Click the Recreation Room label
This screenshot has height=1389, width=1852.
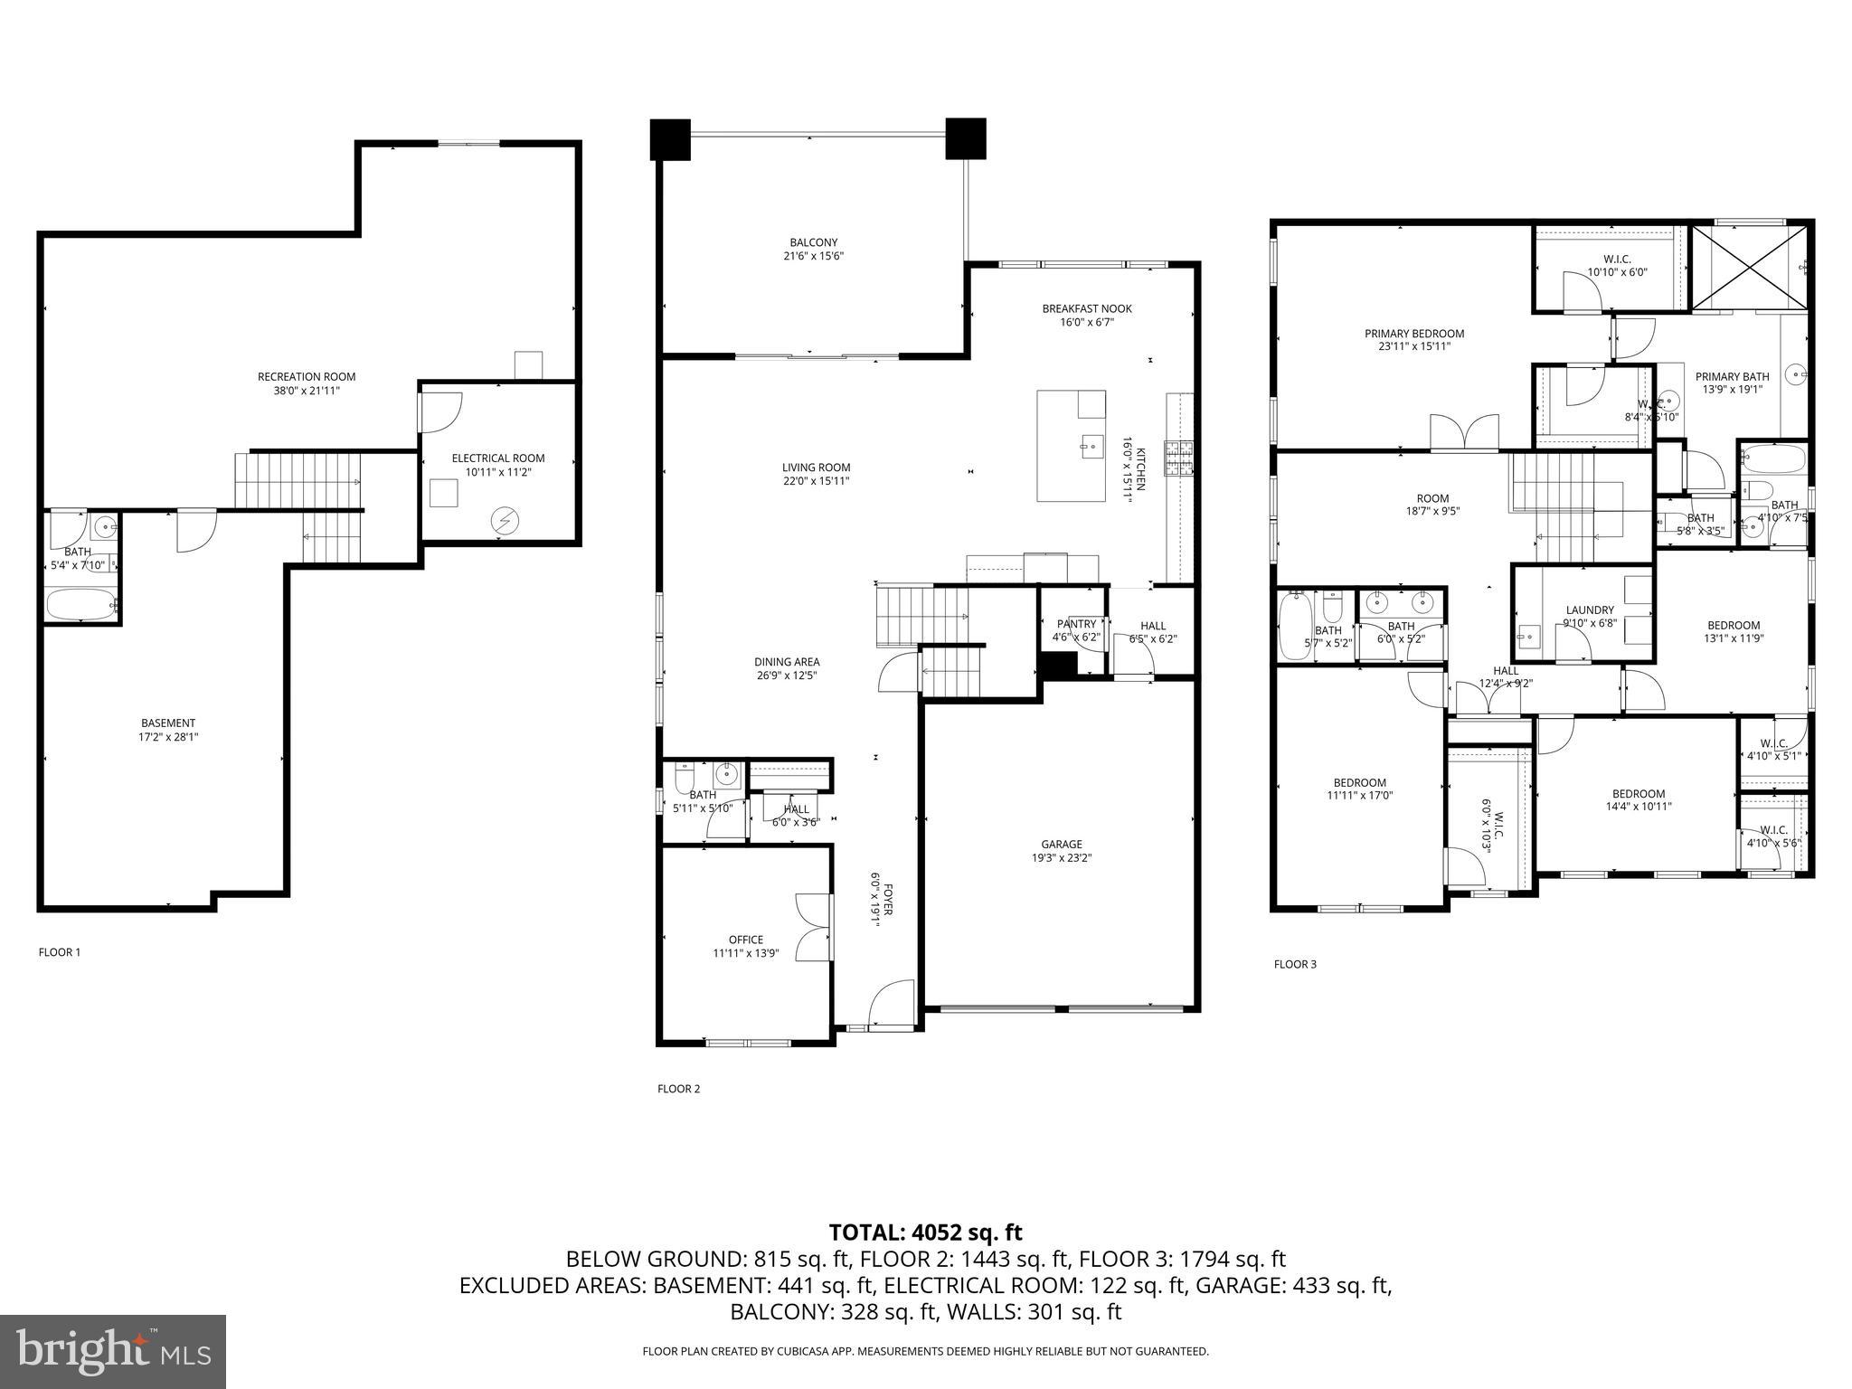[x=307, y=377]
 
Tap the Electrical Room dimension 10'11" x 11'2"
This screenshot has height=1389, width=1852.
[x=498, y=472]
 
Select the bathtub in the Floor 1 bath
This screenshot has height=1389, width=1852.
[x=80, y=604]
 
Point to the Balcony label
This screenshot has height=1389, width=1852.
[x=813, y=242]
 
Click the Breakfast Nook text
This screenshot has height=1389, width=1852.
[x=1086, y=308]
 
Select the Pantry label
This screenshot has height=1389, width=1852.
[x=1076, y=624]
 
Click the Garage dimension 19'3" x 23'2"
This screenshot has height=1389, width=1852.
[x=1061, y=858]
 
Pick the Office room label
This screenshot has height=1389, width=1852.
[x=746, y=940]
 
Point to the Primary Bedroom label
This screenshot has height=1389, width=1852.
[x=1414, y=334]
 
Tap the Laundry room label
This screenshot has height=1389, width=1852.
[x=1590, y=610]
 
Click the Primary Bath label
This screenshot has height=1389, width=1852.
[x=1732, y=377]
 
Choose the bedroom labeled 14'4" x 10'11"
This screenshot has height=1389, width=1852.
[x=1638, y=794]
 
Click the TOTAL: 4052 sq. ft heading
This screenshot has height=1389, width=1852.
[x=925, y=1233]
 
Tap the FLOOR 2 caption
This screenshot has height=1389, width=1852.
[x=678, y=1089]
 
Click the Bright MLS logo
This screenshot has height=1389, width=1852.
[x=113, y=1351]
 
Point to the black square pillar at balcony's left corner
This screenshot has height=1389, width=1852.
[x=670, y=139]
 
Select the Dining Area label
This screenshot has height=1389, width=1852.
[x=787, y=662]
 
